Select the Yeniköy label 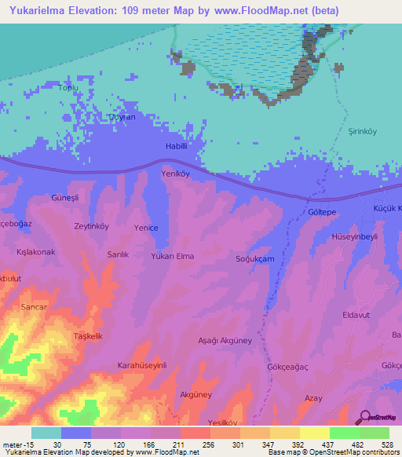click(176, 174)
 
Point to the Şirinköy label click(364, 133)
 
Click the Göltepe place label click(322, 213)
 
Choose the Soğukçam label click(255, 259)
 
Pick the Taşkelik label click(88, 336)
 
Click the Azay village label click(313, 399)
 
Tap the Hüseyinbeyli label click(356, 236)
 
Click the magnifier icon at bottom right click(365, 418)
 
